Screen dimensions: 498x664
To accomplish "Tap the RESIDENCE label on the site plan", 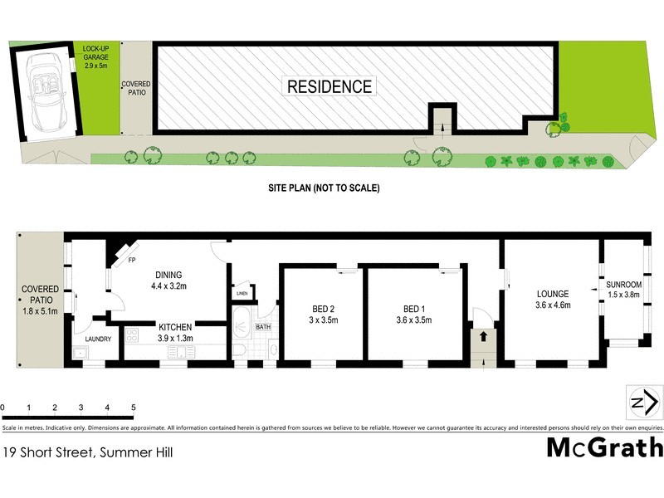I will click(x=330, y=86).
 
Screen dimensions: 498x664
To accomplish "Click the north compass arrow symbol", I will click(x=644, y=403).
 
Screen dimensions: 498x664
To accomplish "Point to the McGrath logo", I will click(x=604, y=447).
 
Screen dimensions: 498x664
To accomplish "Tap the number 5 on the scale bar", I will click(x=133, y=408).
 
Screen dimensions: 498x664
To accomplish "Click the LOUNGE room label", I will click(x=552, y=299).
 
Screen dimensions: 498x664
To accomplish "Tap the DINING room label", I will click(x=168, y=281).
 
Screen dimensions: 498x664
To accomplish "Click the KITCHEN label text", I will click(x=175, y=332).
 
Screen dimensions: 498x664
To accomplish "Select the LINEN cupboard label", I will click(x=242, y=294).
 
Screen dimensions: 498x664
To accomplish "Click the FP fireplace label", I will click(x=131, y=260).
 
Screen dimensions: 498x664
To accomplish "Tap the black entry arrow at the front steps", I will click(x=480, y=338).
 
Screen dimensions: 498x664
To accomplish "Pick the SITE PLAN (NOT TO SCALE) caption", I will click(x=323, y=188).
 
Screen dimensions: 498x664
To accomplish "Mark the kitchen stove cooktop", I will click(x=131, y=337).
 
